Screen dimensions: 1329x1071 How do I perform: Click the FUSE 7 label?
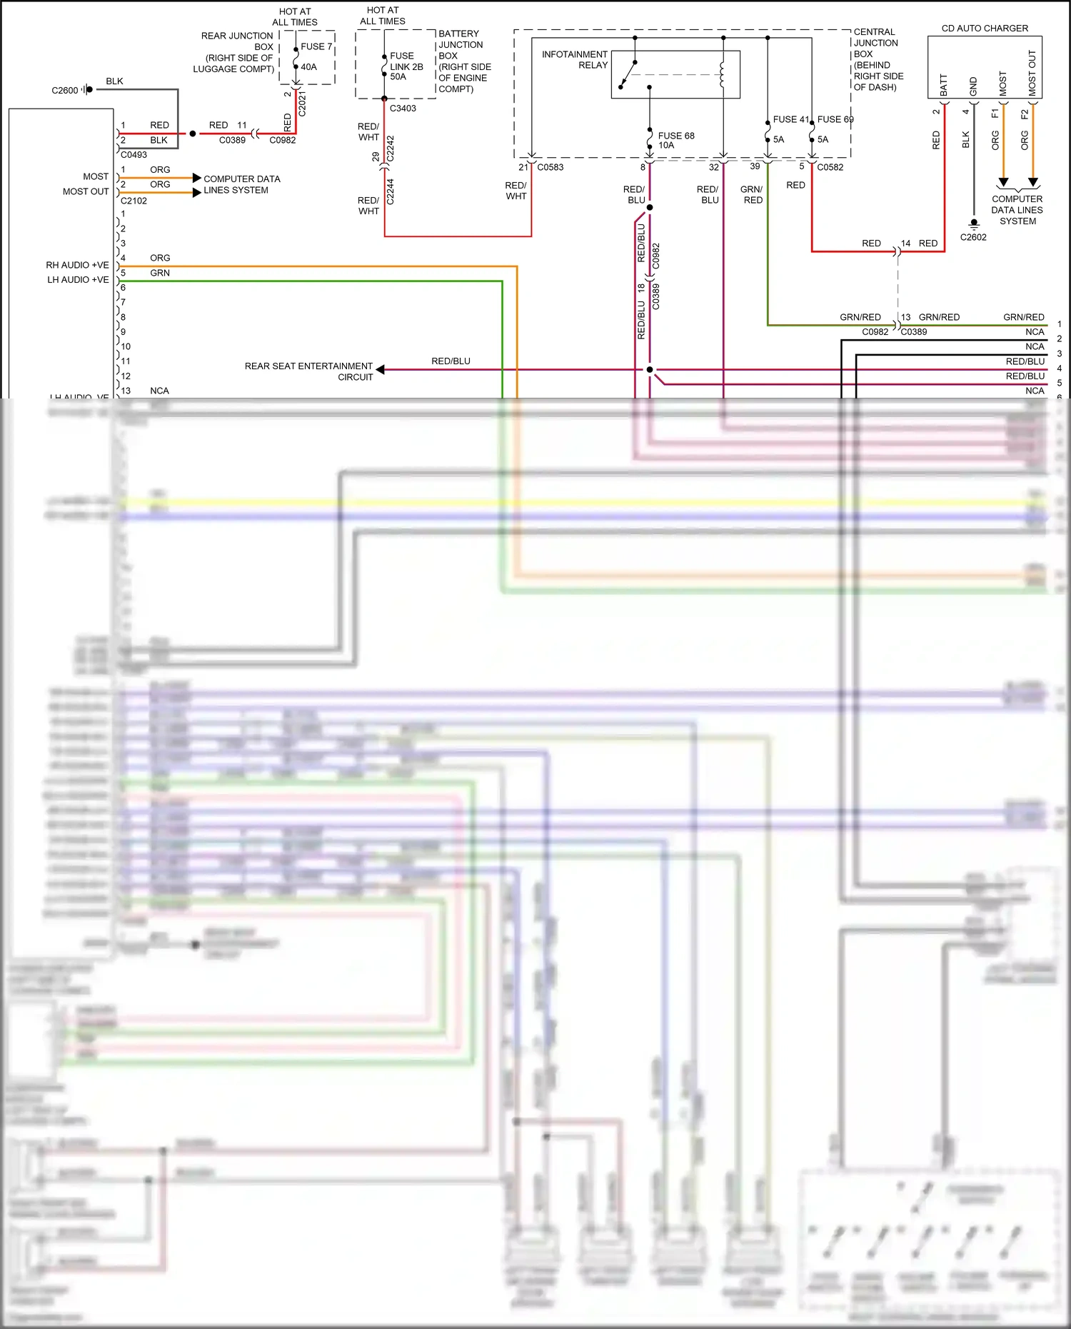[x=316, y=46]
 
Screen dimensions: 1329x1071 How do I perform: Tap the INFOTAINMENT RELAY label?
[x=575, y=59]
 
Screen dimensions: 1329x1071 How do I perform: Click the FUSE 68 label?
[x=675, y=136]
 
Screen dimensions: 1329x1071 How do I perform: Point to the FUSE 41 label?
[x=790, y=119]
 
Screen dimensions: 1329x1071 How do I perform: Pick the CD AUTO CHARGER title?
[x=985, y=29]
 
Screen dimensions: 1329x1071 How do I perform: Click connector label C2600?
[x=65, y=91]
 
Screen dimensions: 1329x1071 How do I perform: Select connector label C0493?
[x=134, y=154]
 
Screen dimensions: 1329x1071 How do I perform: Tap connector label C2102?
[x=134, y=201]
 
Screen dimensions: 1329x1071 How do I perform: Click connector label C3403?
[x=403, y=109]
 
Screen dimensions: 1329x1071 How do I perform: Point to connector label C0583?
[x=550, y=167]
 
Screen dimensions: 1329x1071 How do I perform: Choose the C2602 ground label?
[x=972, y=237]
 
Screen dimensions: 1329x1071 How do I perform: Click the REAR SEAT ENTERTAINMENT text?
[x=308, y=366]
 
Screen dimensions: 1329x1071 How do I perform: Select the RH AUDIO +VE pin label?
[x=77, y=265]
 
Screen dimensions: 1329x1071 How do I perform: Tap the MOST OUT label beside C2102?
[x=86, y=191]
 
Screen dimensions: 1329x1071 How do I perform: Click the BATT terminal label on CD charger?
[x=944, y=85]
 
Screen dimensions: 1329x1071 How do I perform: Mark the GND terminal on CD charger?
[x=973, y=86]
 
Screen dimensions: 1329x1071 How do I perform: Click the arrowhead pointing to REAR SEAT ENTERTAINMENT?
[x=381, y=369]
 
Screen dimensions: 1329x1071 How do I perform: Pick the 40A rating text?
[x=308, y=67]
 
